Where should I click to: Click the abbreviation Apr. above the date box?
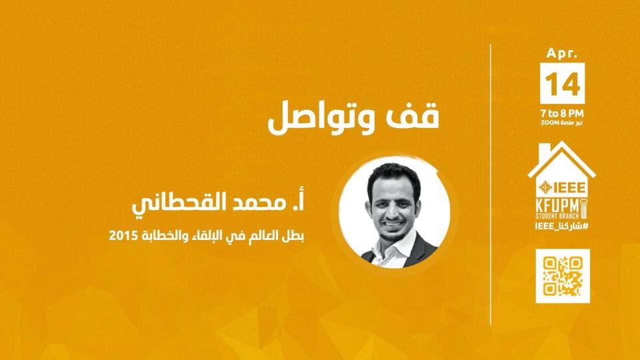(563, 53)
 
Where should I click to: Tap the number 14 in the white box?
(563, 84)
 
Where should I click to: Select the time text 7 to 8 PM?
(562, 113)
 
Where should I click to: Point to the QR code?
(563, 276)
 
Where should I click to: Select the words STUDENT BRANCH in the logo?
(557, 215)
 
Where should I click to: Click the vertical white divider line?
(490, 184)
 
